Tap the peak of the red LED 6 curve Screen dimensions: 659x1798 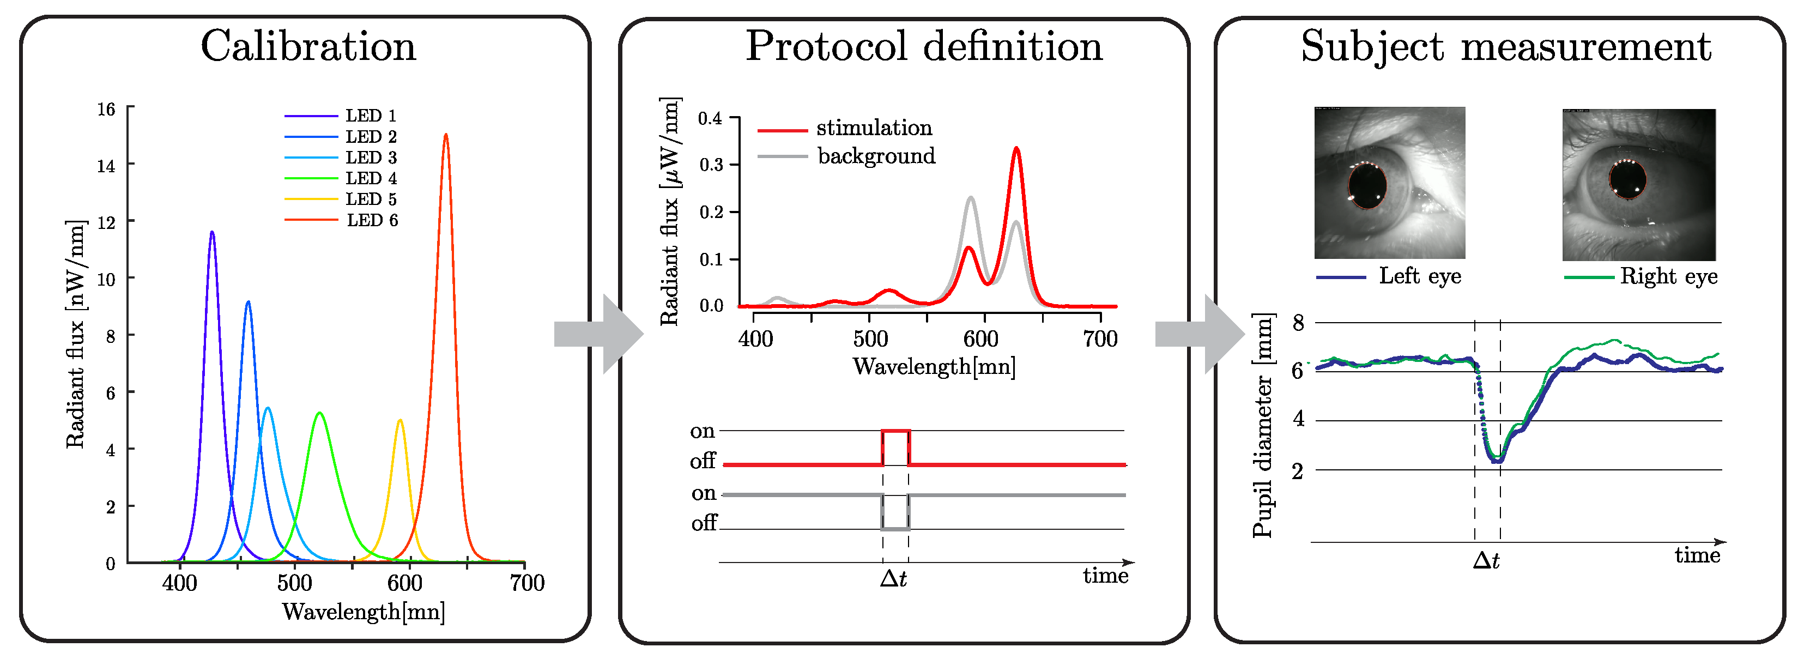tap(446, 135)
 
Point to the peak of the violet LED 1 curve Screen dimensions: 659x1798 tap(212, 232)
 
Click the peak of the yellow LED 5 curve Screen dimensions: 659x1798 tap(400, 421)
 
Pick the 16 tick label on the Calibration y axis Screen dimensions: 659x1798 tap(106, 110)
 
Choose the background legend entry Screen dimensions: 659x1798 tap(876, 156)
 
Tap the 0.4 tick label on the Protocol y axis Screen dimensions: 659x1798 tap(711, 118)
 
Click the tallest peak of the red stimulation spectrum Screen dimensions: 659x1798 tap(1016, 149)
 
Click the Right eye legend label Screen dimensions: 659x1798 tap(1668, 276)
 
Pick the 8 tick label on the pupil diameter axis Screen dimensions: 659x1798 tap(1298, 323)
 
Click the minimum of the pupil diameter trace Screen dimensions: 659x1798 tap(1497, 461)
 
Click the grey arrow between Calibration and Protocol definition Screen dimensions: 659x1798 tap(597, 334)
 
